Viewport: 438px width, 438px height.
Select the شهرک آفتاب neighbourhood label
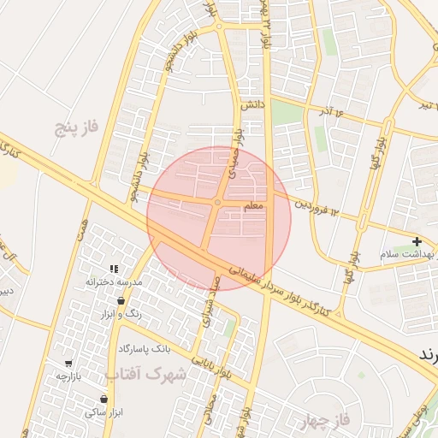pyautogui.click(x=146, y=374)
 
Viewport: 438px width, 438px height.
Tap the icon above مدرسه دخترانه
pyautogui.click(x=114, y=269)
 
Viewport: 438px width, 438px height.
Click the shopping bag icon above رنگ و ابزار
pyautogui.click(x=121, y=301)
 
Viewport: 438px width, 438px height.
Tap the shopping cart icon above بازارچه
pyautogui.click(x=68, y=363)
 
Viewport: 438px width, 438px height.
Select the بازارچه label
pyautogui.click(x=68, y=376)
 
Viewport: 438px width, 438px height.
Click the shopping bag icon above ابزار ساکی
pyautogui.click(x=104, y=399)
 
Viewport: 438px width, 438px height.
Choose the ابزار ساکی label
pyautogui.click(x=104, y=411)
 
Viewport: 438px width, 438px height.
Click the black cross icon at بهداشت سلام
pyautogui.click(x=417, y=242)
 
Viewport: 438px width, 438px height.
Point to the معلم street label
pyautogui.click(x=254, y=207)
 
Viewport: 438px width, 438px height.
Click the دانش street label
pyautogui.click(x=249, y=104)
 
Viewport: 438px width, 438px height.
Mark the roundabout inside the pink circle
pyautogui.click(x=219, y=202)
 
